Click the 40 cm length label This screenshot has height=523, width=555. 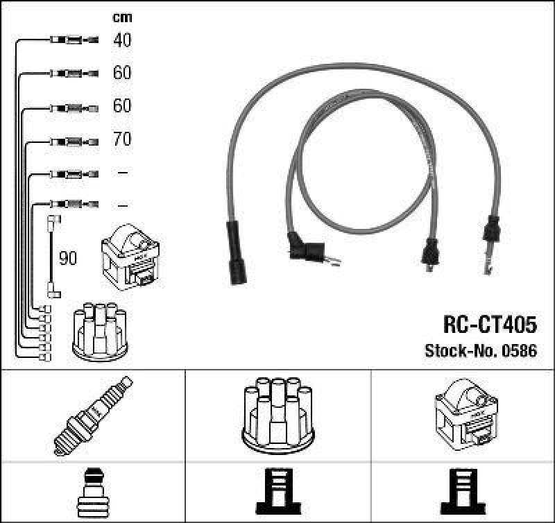(x=122, y=40)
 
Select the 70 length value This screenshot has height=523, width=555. (x=122, y=139)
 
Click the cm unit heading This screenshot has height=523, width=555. (x=122, y=17)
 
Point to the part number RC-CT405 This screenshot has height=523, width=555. (x=489, y=325)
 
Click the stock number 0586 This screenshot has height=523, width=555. (x=520, y=351)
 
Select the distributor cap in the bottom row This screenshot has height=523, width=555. (x=277, y=413)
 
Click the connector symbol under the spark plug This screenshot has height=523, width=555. (x=92, y=492)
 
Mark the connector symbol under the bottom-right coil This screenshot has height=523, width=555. (x=464, y=492)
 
